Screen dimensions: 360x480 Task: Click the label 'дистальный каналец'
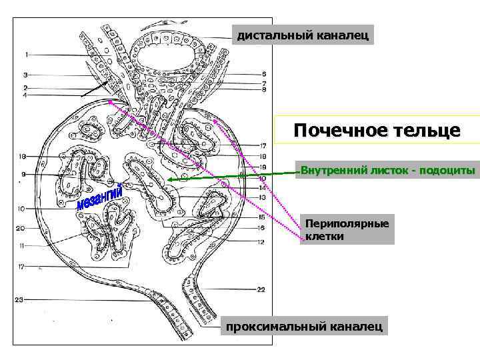click(303, 35)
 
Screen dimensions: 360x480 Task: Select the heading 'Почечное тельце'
click(377, 130)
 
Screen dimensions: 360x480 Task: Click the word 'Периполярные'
click(347, 223)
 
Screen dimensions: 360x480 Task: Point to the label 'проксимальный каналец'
click(304, 326)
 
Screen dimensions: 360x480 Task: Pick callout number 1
click(27, 55)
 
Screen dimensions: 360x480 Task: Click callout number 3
click(25, 75)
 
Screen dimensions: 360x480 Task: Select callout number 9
click(23, 175)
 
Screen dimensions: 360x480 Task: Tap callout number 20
click(20, 228)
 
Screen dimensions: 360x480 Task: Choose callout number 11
click(22, 245)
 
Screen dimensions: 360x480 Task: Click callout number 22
click(261, 290)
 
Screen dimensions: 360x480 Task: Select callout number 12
click(261, 242)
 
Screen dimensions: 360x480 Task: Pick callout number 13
click(262, 198)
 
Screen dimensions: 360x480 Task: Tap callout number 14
click(263, 189)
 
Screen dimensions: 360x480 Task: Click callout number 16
click(261, 227)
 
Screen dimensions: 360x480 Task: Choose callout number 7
click(264, 83)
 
